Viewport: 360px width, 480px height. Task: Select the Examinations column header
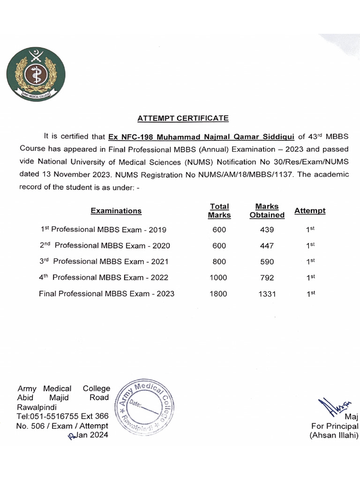116,210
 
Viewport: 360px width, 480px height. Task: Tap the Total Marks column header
219,210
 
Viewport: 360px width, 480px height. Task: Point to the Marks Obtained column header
267,210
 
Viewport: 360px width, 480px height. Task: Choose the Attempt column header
310,210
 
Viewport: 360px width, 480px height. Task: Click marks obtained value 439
267,230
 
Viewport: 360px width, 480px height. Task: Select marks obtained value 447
267,246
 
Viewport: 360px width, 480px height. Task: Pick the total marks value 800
219,262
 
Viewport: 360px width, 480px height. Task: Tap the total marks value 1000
219,277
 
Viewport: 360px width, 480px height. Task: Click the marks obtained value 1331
267,294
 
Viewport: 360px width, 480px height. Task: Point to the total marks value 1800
219,294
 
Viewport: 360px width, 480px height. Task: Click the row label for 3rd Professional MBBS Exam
104,262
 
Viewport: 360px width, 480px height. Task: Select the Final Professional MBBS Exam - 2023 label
106,294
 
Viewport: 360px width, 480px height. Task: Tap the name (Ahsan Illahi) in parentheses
334,435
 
